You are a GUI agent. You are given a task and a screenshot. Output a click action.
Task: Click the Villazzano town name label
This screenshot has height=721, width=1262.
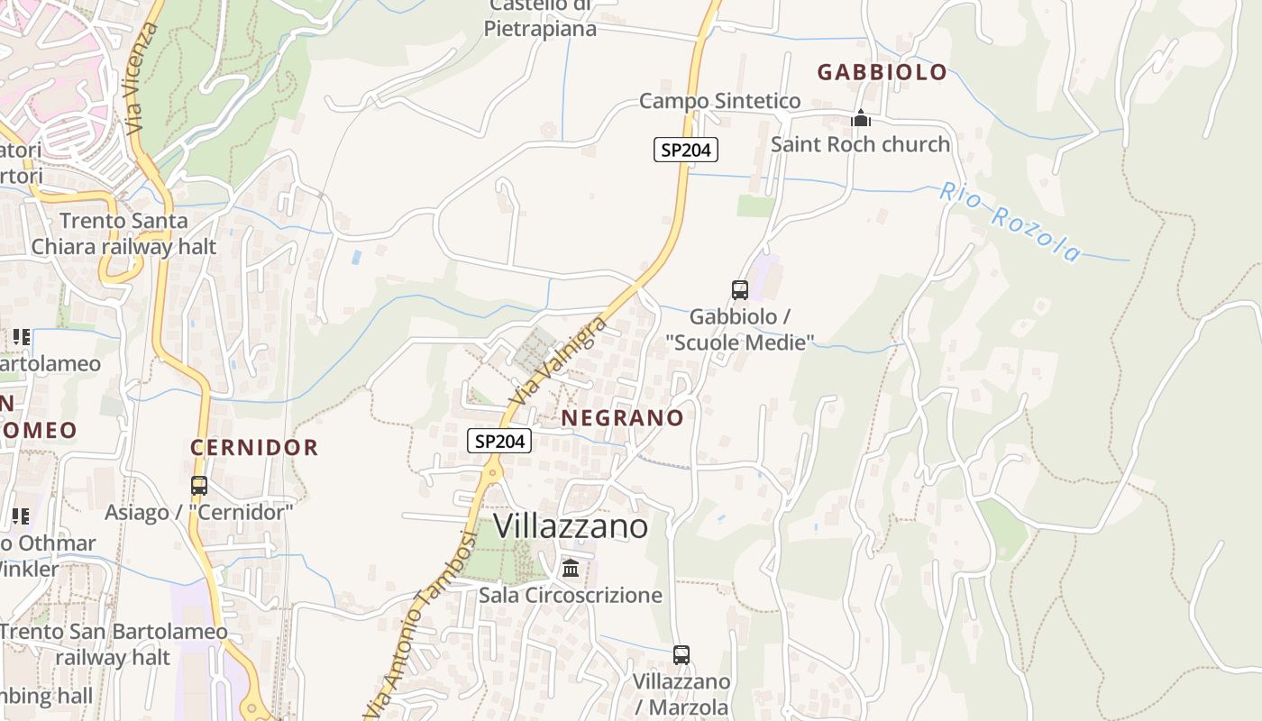(571, 526)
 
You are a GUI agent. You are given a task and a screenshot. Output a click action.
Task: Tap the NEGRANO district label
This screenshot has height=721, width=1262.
(622, 418)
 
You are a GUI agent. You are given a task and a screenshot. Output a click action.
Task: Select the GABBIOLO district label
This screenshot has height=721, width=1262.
(882, 73)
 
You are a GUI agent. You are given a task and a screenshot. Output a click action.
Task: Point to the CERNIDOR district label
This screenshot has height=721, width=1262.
(254, 448)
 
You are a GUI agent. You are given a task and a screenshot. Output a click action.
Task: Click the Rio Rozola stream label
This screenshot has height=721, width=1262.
(1010, 221)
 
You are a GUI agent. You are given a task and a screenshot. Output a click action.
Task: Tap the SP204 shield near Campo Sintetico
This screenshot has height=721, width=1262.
(685, 150)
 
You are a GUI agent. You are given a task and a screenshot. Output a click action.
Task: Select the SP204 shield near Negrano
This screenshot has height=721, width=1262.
(499, 441)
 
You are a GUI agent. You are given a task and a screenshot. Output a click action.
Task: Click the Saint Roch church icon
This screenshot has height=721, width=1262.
(861, 118)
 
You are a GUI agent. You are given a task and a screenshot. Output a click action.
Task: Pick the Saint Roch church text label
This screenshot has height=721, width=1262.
(860, 144)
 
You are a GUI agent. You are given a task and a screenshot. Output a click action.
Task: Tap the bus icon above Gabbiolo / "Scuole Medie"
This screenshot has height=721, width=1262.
(740, 290)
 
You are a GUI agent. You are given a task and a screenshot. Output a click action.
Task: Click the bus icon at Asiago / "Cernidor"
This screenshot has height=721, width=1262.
(199, 486)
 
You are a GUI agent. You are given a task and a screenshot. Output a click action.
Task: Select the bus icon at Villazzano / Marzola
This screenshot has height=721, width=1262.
(681, 655)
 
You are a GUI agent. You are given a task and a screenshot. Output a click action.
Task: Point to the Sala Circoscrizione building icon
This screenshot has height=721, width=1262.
(571, 569)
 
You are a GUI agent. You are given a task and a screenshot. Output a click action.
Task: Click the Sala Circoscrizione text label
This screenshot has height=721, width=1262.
(571, 595)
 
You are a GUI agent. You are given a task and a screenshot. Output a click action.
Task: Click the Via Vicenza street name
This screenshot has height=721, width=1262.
(143, 79)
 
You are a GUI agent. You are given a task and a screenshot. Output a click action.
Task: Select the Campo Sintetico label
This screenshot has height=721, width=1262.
(719, 101)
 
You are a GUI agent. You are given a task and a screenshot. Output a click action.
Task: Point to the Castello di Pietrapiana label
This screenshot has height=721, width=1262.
(540, 18)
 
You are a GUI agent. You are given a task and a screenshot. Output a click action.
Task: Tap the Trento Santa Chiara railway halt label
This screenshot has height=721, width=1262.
(123, 233)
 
